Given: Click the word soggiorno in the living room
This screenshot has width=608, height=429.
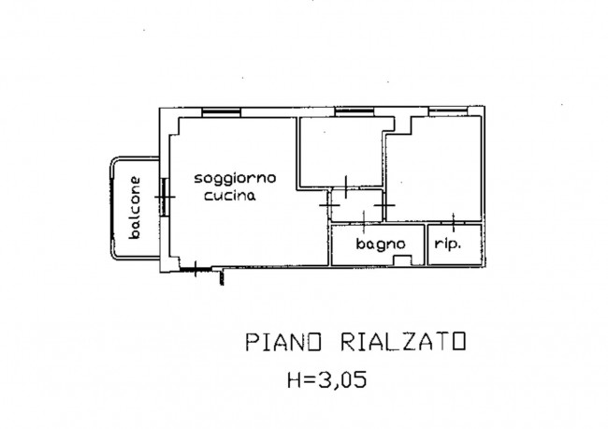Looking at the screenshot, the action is (235, 179).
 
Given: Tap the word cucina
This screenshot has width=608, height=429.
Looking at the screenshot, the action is (230, 196).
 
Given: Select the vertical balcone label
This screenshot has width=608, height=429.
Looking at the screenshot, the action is (135, 207).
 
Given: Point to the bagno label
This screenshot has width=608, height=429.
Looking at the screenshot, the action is (381, 244).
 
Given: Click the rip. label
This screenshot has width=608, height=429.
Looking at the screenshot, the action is (448, 244).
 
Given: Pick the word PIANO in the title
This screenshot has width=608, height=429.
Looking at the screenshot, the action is (283, 342).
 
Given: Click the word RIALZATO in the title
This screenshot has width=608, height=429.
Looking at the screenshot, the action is (403, 342).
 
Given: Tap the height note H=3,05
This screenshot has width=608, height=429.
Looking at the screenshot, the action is (326, 379).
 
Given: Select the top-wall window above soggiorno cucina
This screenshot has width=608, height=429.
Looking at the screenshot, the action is (222, 112).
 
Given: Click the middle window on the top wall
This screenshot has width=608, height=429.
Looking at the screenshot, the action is (355, 112).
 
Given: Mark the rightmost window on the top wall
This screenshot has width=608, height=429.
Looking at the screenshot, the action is (448, 111).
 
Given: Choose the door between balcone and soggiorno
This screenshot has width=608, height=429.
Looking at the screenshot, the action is (165, 197).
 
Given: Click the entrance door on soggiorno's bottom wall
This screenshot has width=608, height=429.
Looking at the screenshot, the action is (195, 269).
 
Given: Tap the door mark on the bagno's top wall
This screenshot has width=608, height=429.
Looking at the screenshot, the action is (364, 222).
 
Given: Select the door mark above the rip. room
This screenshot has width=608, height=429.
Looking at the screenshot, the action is (454, 222).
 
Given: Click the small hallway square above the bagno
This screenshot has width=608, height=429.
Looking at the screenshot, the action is (356, 206).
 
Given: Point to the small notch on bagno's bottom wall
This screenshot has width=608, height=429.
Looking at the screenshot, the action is (402, 260).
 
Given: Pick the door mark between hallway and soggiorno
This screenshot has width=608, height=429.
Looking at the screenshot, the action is (329, 205).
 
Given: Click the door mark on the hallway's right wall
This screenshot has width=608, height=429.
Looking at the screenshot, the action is (384, 205).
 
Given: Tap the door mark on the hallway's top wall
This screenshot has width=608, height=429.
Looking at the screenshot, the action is (346, 187).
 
